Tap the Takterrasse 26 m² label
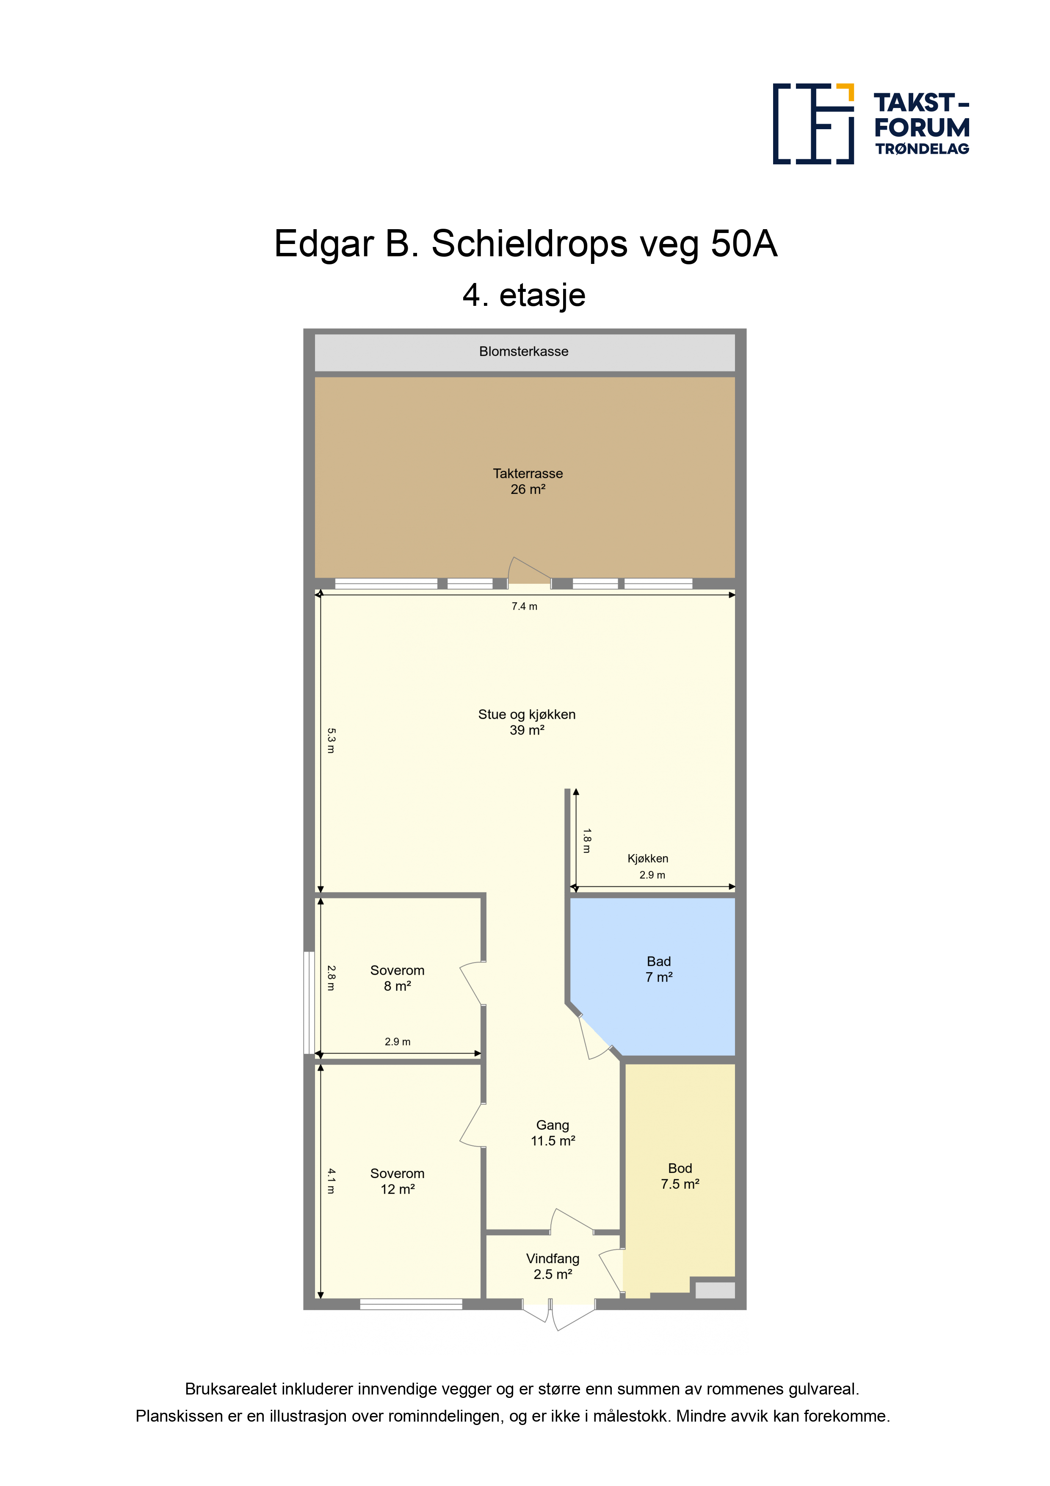point(528,481)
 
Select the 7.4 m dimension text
point(524,607)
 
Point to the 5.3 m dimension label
point(331,740)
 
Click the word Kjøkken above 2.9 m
point(648,858)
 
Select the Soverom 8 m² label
point(397,978)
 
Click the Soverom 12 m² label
point(397,1181)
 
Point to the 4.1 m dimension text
point(331,1181)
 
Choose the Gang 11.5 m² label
point(553,1133)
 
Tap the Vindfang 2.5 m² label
point(553,1266)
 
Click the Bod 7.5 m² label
point(680,1175)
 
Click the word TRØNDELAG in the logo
point(922,149)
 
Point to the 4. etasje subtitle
point(524,295)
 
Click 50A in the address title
point(744,244)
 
